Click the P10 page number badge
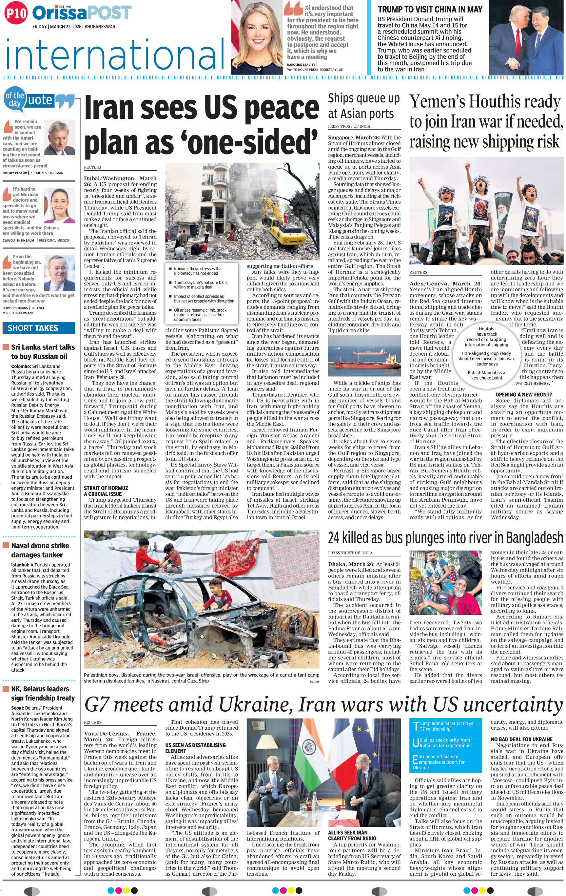(16, 13)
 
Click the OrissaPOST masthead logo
(82, 13)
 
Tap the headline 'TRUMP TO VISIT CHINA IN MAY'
(430, 10)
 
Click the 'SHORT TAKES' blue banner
(39, 328)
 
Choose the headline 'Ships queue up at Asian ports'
(363, 106)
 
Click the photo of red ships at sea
(364, 356)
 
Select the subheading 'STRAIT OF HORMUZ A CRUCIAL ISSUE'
(106, 491)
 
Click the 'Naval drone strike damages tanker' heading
(40, 550)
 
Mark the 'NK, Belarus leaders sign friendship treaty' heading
(43, 693)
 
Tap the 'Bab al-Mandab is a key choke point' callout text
(486, 375)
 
